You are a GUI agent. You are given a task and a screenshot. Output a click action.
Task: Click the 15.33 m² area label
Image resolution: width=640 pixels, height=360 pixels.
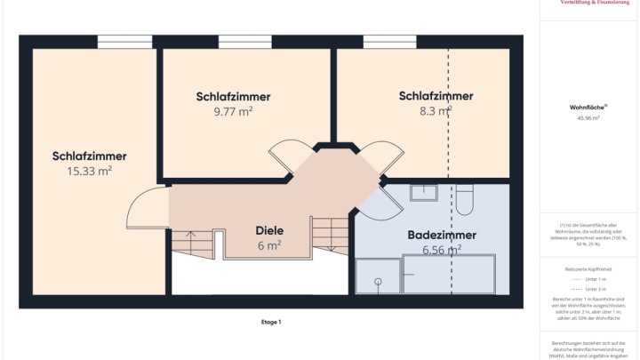pos(89,171)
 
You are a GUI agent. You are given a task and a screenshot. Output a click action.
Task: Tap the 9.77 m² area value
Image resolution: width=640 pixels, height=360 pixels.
pos(233,112)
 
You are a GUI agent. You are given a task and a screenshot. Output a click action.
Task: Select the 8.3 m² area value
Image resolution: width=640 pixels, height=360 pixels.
pos(436,112)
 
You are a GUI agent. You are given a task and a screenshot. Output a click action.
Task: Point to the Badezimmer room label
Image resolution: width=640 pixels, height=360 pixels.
pos(442,236)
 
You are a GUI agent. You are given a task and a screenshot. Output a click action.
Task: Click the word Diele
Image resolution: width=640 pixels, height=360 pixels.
pos(269,229)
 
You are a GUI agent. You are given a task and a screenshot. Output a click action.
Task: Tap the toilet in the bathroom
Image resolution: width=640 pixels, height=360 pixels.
pos(465,199)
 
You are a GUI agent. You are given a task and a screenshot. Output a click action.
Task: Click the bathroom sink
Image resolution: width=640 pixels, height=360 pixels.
pos(424,193)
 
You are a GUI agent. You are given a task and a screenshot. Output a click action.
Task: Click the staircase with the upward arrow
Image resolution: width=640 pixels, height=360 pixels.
pos(188,244)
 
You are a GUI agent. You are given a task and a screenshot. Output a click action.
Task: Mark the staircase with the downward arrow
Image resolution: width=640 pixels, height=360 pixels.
pos(329,238)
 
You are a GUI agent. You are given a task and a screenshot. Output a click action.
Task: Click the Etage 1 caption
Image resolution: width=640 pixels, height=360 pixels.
pos(271,322)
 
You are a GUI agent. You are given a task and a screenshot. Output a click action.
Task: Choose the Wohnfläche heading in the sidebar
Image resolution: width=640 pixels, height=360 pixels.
pos(586,107)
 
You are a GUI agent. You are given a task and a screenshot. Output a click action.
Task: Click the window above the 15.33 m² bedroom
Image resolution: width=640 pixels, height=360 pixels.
pos(124,41)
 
